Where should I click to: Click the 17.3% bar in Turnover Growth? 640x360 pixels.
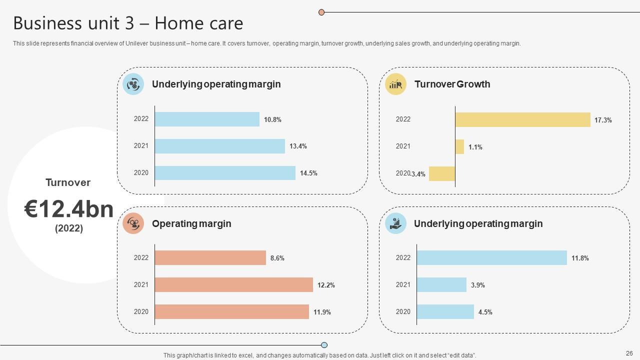[522, 120]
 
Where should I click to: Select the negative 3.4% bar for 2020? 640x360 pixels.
[442, 173]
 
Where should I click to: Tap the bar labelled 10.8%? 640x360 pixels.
[207, 119]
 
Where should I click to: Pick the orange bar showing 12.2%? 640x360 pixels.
[233, 285]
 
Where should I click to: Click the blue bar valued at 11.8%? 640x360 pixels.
[491, 258]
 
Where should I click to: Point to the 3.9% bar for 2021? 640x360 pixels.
[441, 285]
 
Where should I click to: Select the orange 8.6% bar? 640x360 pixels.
[210, 258]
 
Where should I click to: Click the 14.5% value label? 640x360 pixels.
[308, 173]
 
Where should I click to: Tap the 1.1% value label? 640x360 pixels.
[475, 147]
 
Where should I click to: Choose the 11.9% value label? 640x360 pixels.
[322, 312]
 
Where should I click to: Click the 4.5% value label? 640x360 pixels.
[485, 312]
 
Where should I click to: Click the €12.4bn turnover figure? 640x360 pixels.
[69, 209]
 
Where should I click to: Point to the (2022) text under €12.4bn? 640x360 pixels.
[69, 228]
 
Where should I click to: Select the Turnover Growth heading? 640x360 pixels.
[452, 84]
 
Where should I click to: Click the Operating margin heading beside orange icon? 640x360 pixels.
[191, 223]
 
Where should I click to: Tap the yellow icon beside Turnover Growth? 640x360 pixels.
[395, 84]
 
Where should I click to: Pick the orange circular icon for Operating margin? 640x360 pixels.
[133, 223]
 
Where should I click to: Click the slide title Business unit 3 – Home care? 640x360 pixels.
[128, 23]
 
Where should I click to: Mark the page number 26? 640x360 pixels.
[629, 353]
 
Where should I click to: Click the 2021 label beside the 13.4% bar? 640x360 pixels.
[141, 146]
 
